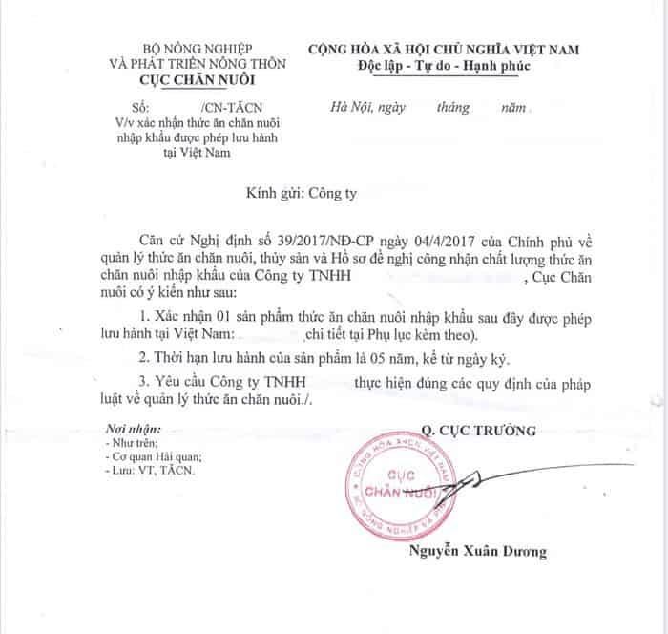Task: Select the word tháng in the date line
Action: click(x=455, y=109)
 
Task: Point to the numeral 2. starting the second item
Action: click(x=145, y=360)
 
